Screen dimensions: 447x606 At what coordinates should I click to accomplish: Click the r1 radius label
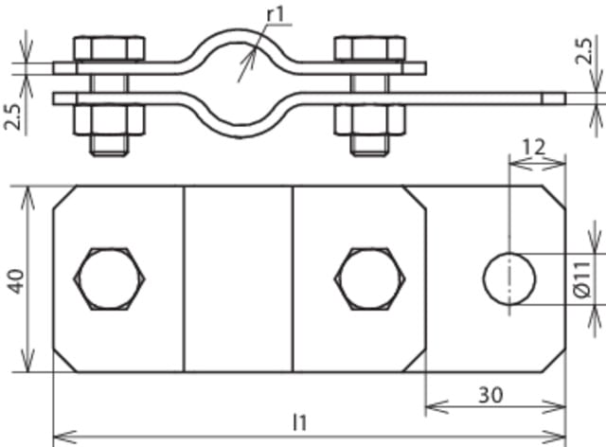pos(276,12)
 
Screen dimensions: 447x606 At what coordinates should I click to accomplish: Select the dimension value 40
pos(17,279)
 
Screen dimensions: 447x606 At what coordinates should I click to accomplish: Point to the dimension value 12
pos(536,147)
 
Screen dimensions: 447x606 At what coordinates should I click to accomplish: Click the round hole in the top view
pos(509,279)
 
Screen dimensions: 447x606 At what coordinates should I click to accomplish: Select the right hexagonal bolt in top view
pos(369,279)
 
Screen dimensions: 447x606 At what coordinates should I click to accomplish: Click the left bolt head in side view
pos(108,48)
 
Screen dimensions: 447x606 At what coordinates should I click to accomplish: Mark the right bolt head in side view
pos(369,48)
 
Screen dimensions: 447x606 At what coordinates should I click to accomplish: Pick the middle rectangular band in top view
pos(238,279)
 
